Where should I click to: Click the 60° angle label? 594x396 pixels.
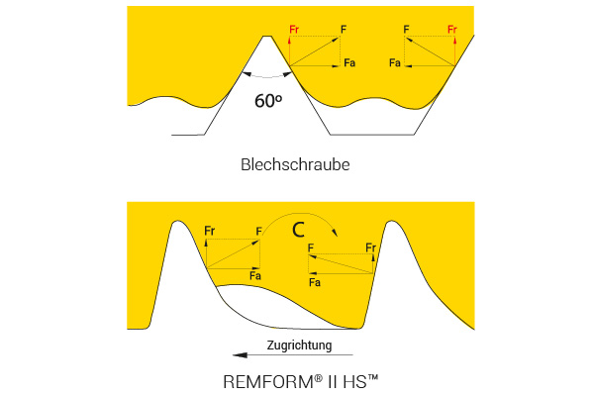click(268, 100)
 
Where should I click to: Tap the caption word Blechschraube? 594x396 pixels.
click(295, 165)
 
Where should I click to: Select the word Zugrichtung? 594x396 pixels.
click(299, 346)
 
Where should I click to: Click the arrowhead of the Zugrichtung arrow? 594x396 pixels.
click(240, 355)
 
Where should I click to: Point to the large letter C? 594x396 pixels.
click(298, 230)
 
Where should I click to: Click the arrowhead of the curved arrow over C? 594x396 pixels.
click(335, 232)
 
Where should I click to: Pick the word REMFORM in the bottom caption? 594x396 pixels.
click(268, 381)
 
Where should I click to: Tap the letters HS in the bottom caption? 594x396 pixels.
click(355, 381)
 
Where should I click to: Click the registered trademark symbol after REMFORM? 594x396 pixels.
click(318, 378)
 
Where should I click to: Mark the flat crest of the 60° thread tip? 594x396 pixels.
click(267, 37)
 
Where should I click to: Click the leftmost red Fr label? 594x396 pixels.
click(294, 29)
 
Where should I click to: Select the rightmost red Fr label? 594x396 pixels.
click(452, 29)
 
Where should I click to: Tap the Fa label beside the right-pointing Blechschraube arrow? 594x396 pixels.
click(349, 62)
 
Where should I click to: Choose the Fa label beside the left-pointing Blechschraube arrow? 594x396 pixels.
click(395, 62)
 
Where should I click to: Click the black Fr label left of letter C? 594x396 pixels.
click(210, 231)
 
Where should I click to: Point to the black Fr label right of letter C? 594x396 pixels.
click(371, 247)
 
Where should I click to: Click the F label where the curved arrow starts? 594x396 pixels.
click(258, 231)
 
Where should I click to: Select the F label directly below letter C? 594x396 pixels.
click(311, 247)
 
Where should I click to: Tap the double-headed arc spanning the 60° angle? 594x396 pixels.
click(267, 77)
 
